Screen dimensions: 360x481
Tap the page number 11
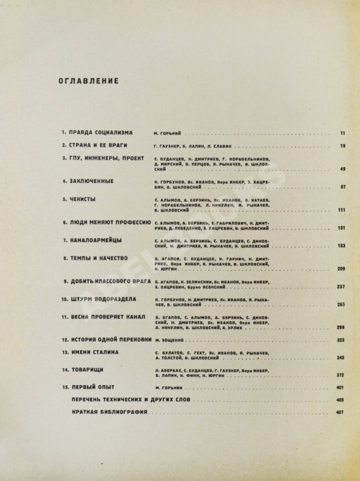point(342,132)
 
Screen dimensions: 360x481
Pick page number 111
point(341,211)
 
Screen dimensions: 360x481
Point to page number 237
point(341,287)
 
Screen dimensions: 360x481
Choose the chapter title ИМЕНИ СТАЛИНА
point(97,352)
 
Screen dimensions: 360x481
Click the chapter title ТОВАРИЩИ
point(88,369)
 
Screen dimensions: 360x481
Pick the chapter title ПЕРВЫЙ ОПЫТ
point(94,388)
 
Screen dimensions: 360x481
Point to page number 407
point(341,413)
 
